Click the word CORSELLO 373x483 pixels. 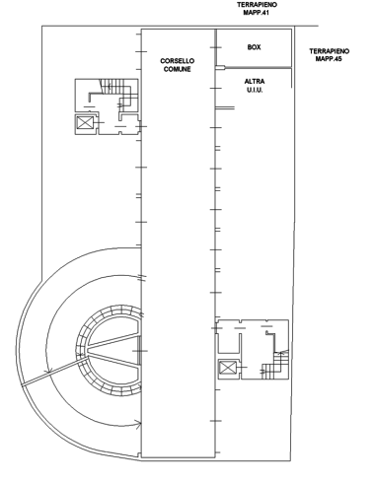point(177,61)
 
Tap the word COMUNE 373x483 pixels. point(177,69)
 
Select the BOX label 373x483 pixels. point(254,47)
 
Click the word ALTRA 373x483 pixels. point(255,82)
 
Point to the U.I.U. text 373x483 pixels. point(255,90)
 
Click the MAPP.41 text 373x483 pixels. point(257,13)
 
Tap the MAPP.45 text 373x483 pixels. point(329,59)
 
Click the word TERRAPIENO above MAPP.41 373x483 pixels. point(257,5)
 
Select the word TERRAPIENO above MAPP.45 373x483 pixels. point(329,51)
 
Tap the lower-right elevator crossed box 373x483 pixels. point(228,368)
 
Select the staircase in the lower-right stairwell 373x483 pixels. point(275,365)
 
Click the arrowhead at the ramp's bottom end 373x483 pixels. point(139,424)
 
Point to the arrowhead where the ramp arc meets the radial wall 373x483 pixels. point(49,372)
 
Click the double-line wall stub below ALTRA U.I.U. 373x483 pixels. point(225,107)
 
